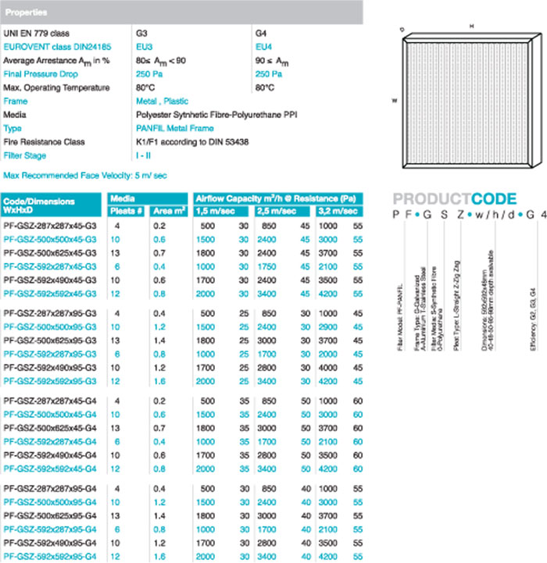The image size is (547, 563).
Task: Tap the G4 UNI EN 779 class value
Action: tap(262, 34)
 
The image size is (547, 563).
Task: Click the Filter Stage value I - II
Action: tap(145, 155)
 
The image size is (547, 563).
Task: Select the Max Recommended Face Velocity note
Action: tap(84, 176)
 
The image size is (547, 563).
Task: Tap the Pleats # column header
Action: tap(126, 211)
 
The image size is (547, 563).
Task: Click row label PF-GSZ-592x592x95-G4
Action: tap(51, 556)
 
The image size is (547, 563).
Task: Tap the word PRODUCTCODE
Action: tap(454, 198)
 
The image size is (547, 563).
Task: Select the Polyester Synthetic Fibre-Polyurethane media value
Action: tap(216, 115)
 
